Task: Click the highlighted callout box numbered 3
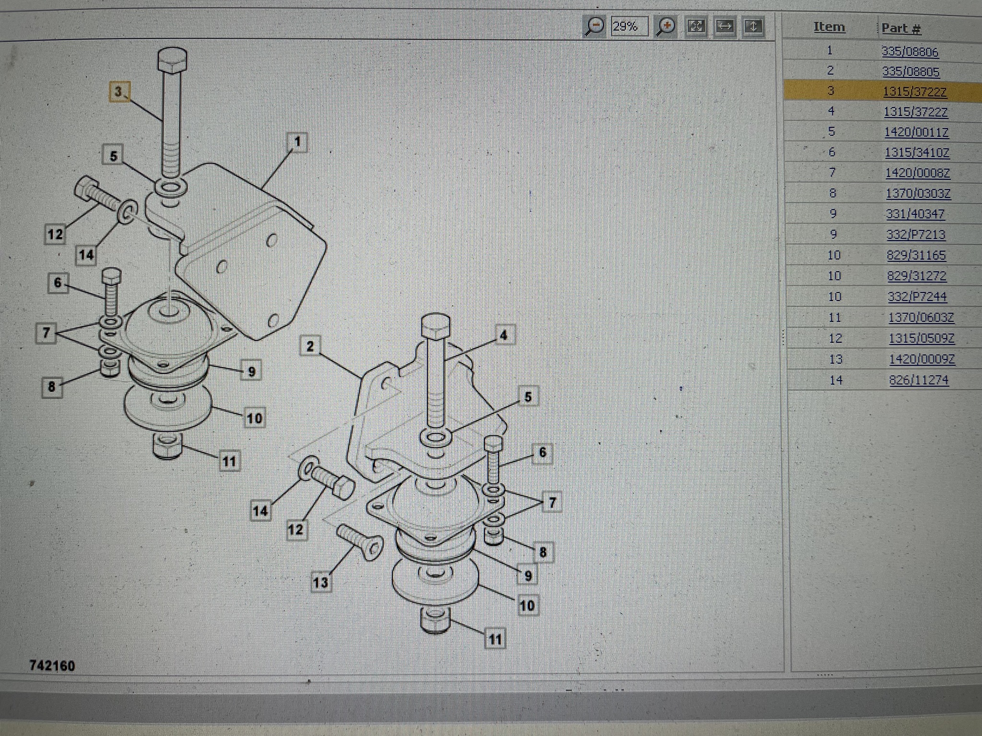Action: [x=118, y=91]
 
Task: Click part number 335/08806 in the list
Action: [x=910, y=51]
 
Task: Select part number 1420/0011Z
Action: [x=916, y=132]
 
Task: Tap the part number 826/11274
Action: [x=919, y=380]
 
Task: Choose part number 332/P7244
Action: [x=917, y=297]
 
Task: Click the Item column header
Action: [x=829, y=27]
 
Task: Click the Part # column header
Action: [x=901, y=28]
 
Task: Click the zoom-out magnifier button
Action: [x=595, y=26]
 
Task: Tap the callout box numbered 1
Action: [x=297, y=142]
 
